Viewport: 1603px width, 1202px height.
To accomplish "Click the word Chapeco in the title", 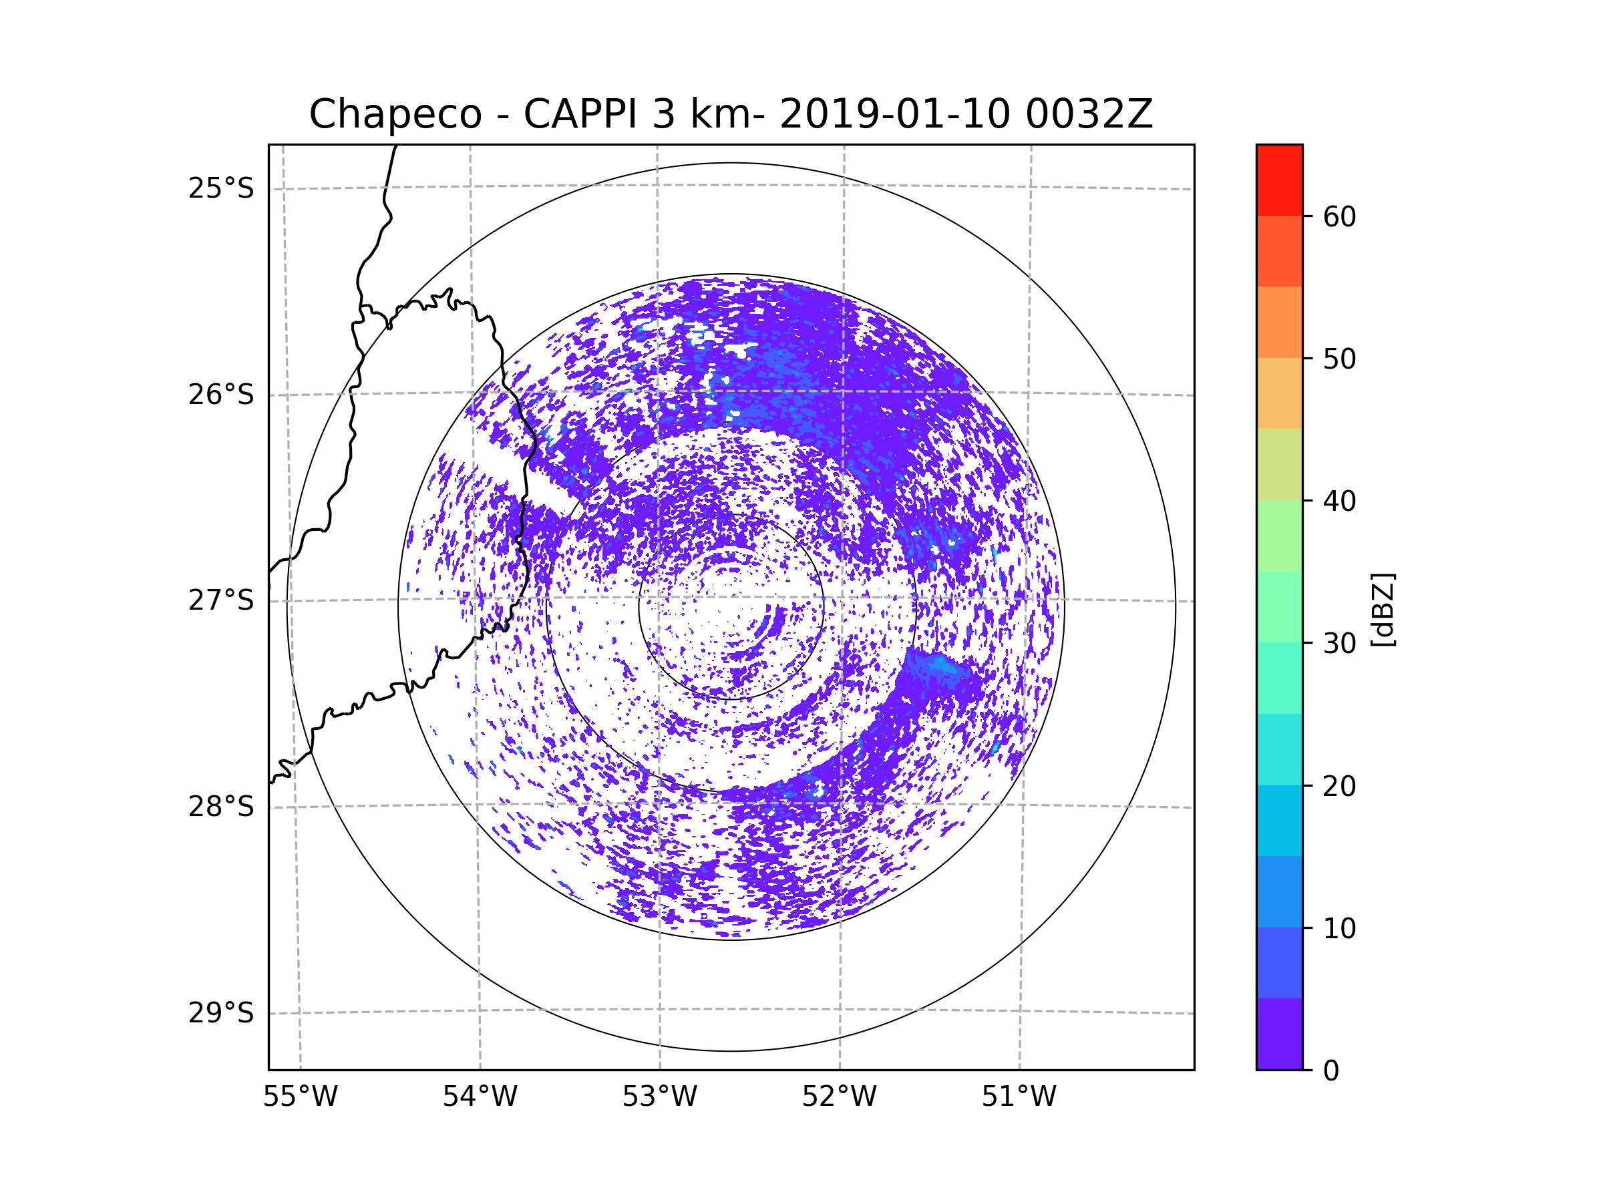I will [395, 114].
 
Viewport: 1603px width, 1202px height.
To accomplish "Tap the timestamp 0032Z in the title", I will [1089, 114].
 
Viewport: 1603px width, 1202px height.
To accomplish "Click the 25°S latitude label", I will [221, 188].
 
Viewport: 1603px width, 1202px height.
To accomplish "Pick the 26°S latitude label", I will [221, 395].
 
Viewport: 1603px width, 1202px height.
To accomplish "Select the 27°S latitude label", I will [221, 600].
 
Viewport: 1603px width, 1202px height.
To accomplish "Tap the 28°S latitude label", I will [221, 807].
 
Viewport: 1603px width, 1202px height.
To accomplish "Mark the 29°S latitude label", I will [221, 1013].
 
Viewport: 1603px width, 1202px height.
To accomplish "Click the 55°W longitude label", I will [300, 1097].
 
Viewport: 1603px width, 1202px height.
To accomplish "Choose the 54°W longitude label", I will [480, 1097].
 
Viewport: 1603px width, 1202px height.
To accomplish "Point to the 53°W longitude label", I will [659, 1097].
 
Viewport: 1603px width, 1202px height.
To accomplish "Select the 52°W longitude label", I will [839, 1097].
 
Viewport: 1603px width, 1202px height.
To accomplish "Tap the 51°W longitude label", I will [1019, 1097].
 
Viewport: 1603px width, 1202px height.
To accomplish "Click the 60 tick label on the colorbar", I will [1339, 216].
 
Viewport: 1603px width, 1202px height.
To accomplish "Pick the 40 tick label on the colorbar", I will [1339, 502].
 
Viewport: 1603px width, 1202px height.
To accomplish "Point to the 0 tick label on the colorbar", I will [1331, 1071].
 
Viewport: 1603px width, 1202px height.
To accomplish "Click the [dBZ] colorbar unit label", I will [1383, 609].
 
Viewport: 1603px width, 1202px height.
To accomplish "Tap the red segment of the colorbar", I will [1279, 180].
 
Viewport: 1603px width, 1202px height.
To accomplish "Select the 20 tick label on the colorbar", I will [1339, 786].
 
